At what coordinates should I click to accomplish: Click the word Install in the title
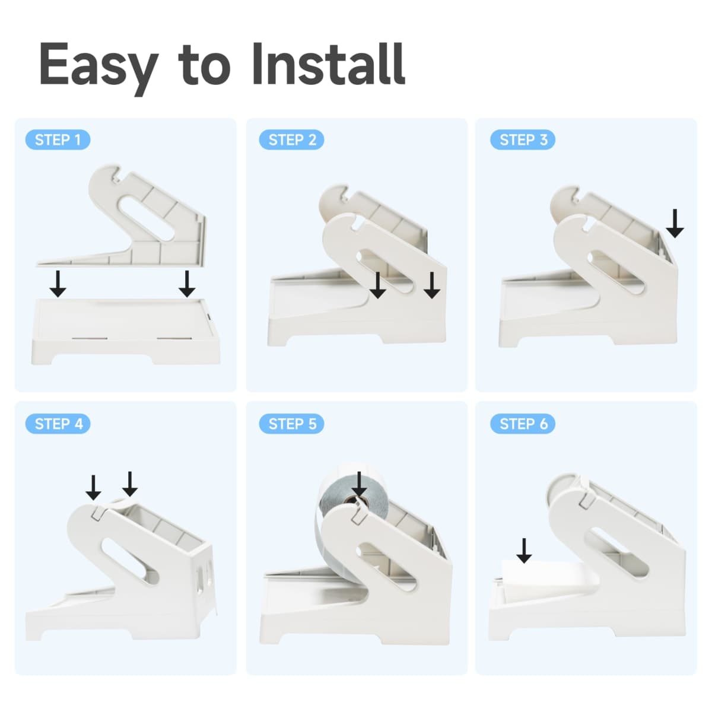point(329,64)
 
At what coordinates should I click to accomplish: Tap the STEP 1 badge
point(58,139)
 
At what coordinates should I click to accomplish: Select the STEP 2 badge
point(291,139)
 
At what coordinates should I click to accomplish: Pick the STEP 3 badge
point(523,139)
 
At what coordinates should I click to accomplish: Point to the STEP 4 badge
point(58,424)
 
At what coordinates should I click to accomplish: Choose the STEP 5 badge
point(291,424)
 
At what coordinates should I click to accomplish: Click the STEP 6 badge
point(523,424)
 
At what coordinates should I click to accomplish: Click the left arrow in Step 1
point(58,284)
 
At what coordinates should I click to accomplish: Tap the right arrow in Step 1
point(187,284)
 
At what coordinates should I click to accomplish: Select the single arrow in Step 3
point(675,223)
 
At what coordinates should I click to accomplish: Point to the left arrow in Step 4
point(94,487)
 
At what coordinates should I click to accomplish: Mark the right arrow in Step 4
point(130,484)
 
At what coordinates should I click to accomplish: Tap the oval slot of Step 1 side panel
point(147,219)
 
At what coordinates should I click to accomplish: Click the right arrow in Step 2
point(432,285)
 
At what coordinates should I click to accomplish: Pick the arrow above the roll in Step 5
point(359,484)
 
